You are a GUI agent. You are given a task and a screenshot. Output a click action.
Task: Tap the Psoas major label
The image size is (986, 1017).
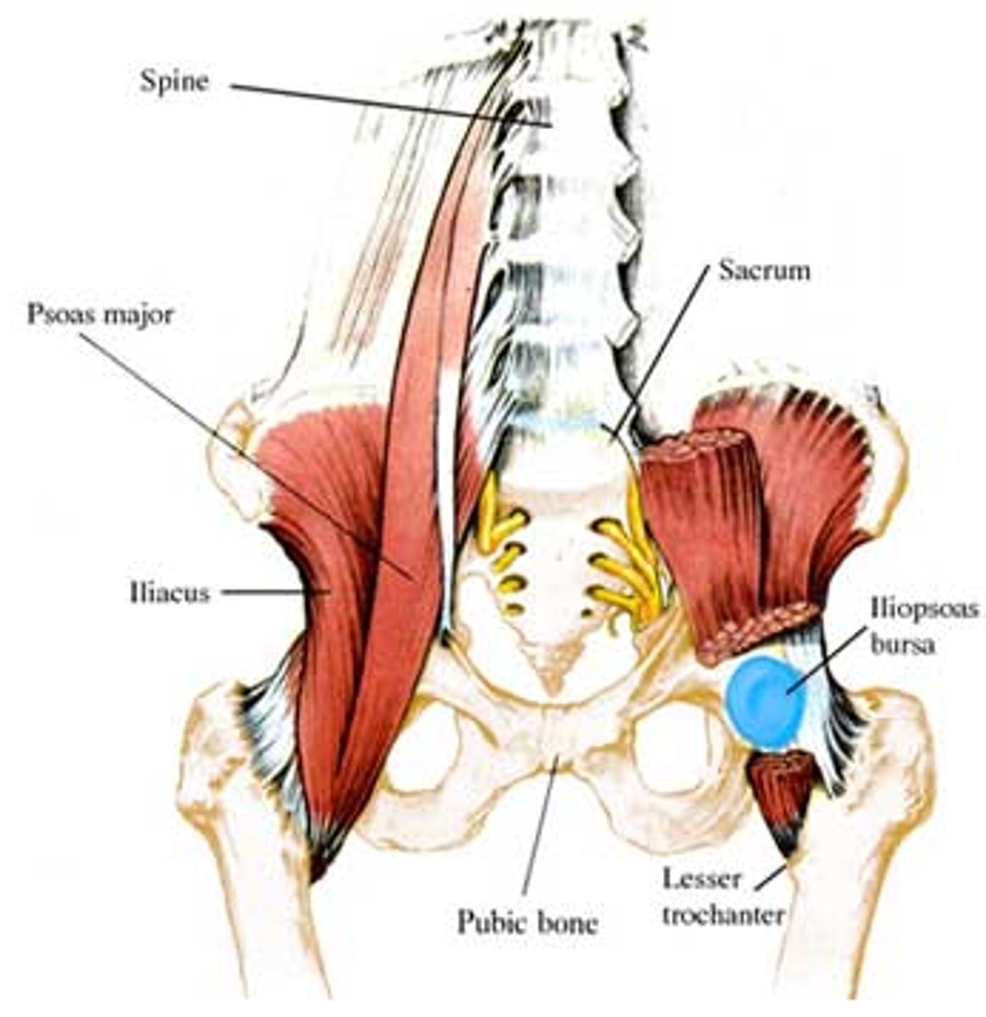[100, 314]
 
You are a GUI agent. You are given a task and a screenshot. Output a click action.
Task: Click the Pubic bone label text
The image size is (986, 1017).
[527, 921]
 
